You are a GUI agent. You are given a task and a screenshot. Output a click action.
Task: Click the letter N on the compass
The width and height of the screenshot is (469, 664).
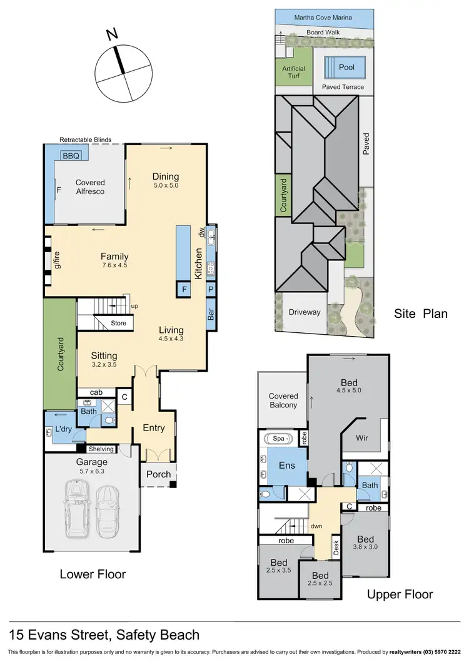[x=112, y=35]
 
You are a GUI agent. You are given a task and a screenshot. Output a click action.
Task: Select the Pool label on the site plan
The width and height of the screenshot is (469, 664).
[x=346, y=67]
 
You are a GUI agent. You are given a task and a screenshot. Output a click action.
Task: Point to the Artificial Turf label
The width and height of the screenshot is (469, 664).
[x=293, y=72]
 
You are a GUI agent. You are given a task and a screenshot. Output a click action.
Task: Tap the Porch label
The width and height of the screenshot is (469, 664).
[x=158, y=474]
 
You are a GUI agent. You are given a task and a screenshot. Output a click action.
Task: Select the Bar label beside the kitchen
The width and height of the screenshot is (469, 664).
[x=211, y=312]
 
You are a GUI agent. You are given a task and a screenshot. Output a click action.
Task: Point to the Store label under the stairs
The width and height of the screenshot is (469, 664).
[x=118, y=324]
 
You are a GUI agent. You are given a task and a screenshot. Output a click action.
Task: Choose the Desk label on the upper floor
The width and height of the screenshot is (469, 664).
[x=336, y=548]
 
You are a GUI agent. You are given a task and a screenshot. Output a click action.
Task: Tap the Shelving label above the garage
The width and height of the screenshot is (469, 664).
[x=101, y=449]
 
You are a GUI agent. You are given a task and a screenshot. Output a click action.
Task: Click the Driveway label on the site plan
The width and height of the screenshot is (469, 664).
[x=305, y=312]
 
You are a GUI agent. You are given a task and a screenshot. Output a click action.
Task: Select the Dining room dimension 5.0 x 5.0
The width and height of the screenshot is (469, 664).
[x=165, y=186]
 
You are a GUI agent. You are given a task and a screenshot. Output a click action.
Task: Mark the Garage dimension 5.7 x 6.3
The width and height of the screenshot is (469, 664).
[x=92, y=472]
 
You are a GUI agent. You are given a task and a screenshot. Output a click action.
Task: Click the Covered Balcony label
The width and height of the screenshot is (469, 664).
[x=283, y=401]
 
